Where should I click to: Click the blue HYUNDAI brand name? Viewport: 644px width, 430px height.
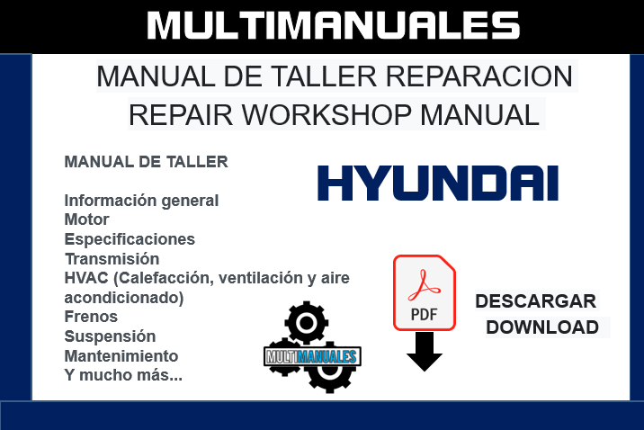click(437, 183)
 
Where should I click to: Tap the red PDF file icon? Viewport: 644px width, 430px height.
click(425, 292)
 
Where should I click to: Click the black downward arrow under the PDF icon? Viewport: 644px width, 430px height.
click(425, 352)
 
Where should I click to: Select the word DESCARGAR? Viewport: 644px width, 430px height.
click(536, 301)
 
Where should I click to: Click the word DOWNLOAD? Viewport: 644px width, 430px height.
click(542, 327)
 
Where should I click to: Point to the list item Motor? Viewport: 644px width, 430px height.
click(87, 219)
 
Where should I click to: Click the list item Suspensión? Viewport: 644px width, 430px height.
click(110, 336)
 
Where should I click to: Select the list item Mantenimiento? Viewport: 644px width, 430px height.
click(121, 356)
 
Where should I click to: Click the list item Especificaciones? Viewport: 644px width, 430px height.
click(130, 239)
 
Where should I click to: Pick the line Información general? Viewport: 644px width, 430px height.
click(141, 200)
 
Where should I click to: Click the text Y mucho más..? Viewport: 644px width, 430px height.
click(123, 375)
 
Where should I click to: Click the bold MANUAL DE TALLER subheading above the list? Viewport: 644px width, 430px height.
click(146, 162)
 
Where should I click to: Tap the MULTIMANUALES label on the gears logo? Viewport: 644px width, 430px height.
click(312, 356)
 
